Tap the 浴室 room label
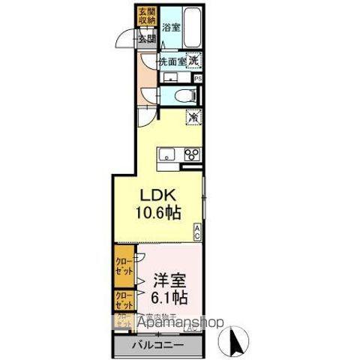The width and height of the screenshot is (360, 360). [171, 27]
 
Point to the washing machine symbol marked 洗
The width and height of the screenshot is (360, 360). [193, 60]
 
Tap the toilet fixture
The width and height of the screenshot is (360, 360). [183, 95]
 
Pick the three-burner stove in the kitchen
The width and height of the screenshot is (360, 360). [192, 155]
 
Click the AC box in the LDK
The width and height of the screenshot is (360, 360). [197, 232]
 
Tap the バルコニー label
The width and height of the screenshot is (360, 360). [158, 346]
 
